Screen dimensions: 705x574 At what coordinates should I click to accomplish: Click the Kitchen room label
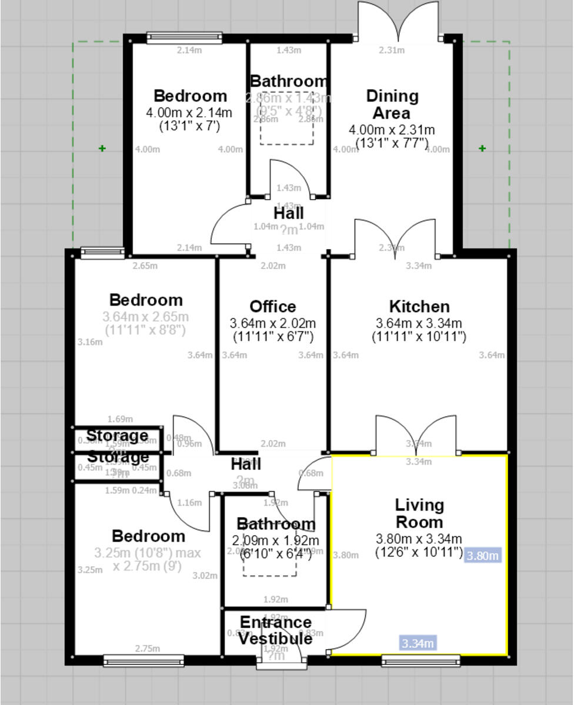pos(419,306)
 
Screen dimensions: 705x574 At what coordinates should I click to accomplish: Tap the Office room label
pos(272,306)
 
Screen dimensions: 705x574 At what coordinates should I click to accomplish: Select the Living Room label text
pos(419,513)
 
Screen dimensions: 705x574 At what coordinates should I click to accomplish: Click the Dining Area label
pos(392,104)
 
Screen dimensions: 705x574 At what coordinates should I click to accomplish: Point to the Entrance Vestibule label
pos(275,630)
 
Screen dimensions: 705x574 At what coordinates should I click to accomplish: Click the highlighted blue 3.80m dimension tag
pos(483,555)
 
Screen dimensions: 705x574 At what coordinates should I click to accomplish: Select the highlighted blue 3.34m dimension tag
pos(418,643)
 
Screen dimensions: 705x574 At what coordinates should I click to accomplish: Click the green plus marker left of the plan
pos(102,149)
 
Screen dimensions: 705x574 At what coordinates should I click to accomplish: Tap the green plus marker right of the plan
pos(483,149)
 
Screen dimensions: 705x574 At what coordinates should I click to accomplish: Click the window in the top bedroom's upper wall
pos(184,38)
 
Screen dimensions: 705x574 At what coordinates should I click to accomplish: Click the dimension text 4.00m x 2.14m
pos(189,112)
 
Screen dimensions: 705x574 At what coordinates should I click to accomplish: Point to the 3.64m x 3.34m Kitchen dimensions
pos(419,323)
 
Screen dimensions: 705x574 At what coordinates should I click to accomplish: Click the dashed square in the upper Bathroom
pos(287,118)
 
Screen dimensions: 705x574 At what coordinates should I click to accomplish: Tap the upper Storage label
pos(117,435)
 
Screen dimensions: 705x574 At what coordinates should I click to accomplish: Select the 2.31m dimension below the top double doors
pos(392,50)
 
